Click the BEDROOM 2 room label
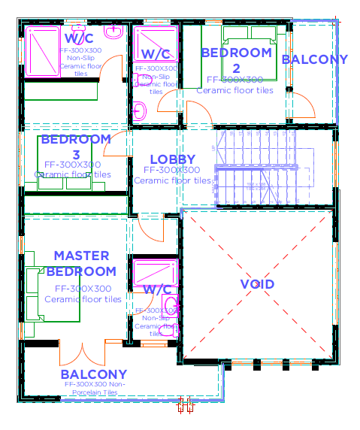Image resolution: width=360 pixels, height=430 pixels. coord(236,60)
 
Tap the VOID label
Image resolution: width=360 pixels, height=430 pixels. coord(257,284)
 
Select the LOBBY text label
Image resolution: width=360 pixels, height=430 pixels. coord(172,159)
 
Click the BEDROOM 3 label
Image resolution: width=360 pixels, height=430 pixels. coord(76,147)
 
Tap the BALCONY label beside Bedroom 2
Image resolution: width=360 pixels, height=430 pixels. coord(314,59)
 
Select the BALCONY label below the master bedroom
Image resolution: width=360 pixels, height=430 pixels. coord(94,374)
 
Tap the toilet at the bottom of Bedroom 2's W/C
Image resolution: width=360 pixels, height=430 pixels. coord(139,112)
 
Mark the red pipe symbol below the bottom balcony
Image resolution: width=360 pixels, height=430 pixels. coord(185,407)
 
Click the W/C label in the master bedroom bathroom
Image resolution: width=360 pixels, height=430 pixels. coord(157,289)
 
